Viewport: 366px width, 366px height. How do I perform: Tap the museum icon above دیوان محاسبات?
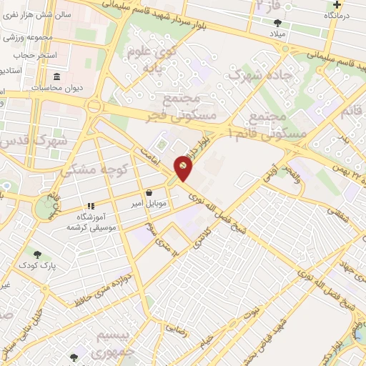[x=57, y=76]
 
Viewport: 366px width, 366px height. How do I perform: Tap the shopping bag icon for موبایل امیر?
[x=149, y=192]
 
